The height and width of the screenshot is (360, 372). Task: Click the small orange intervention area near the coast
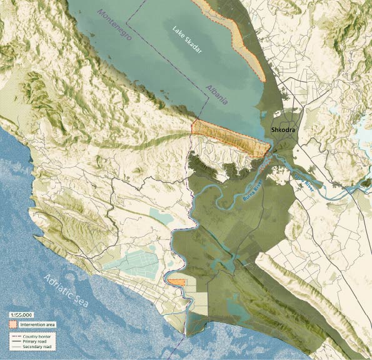pos(176,282)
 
